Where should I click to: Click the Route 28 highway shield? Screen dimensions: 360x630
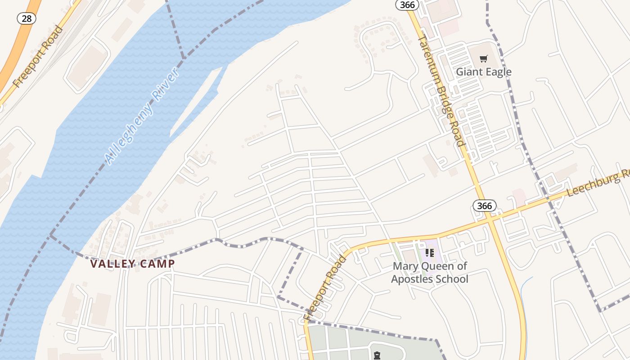tap(27, 18)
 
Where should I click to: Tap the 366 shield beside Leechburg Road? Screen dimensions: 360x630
tap(484, 206)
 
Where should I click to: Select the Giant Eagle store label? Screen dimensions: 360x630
tap(484, 72)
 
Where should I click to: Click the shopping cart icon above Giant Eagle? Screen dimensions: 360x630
tap(484, 58)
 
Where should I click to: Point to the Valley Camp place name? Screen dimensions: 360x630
tap(132, 264)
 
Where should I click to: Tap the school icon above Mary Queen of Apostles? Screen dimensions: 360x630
tap(430, 253)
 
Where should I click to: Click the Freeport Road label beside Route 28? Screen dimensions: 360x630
tap(38, 57)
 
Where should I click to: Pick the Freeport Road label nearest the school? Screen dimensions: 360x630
tap(325, 288)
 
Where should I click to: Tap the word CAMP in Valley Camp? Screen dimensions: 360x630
tap(157, 264)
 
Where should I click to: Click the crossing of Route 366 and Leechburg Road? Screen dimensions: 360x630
tap(489, 218)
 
